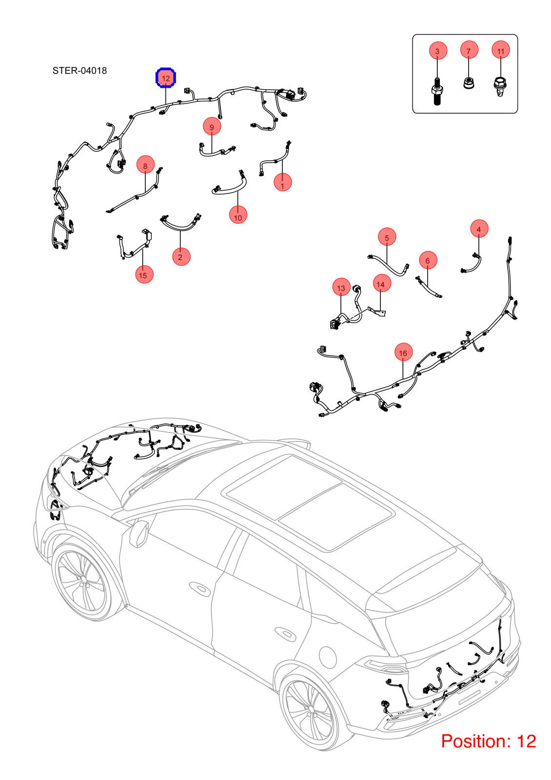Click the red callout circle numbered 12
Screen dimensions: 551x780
click(x=166, y=78)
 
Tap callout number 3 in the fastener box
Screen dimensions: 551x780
click(x=438, y=51)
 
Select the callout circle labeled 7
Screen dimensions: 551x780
click(x=469, y=50)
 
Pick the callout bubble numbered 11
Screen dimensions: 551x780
click(x=501, y=50)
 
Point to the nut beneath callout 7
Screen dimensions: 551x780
click(x=469, y=83)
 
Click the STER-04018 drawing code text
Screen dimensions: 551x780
click(x=80, y=71)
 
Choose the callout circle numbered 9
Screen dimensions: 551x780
click(x=212, y=126)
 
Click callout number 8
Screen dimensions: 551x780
click(x=146, y=165)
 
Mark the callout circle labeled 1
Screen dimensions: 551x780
click(x=283, y=182)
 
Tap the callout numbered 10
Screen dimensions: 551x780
click(x=238, y=215)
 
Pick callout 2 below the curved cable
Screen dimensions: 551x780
click(x=181, y=256)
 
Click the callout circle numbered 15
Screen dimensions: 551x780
click(x=144, y=274)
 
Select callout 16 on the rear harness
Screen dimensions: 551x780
click(x=403, y=352)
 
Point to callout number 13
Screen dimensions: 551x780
click(x=341, y=287)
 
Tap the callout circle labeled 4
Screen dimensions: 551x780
click(x=479, y=229)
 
